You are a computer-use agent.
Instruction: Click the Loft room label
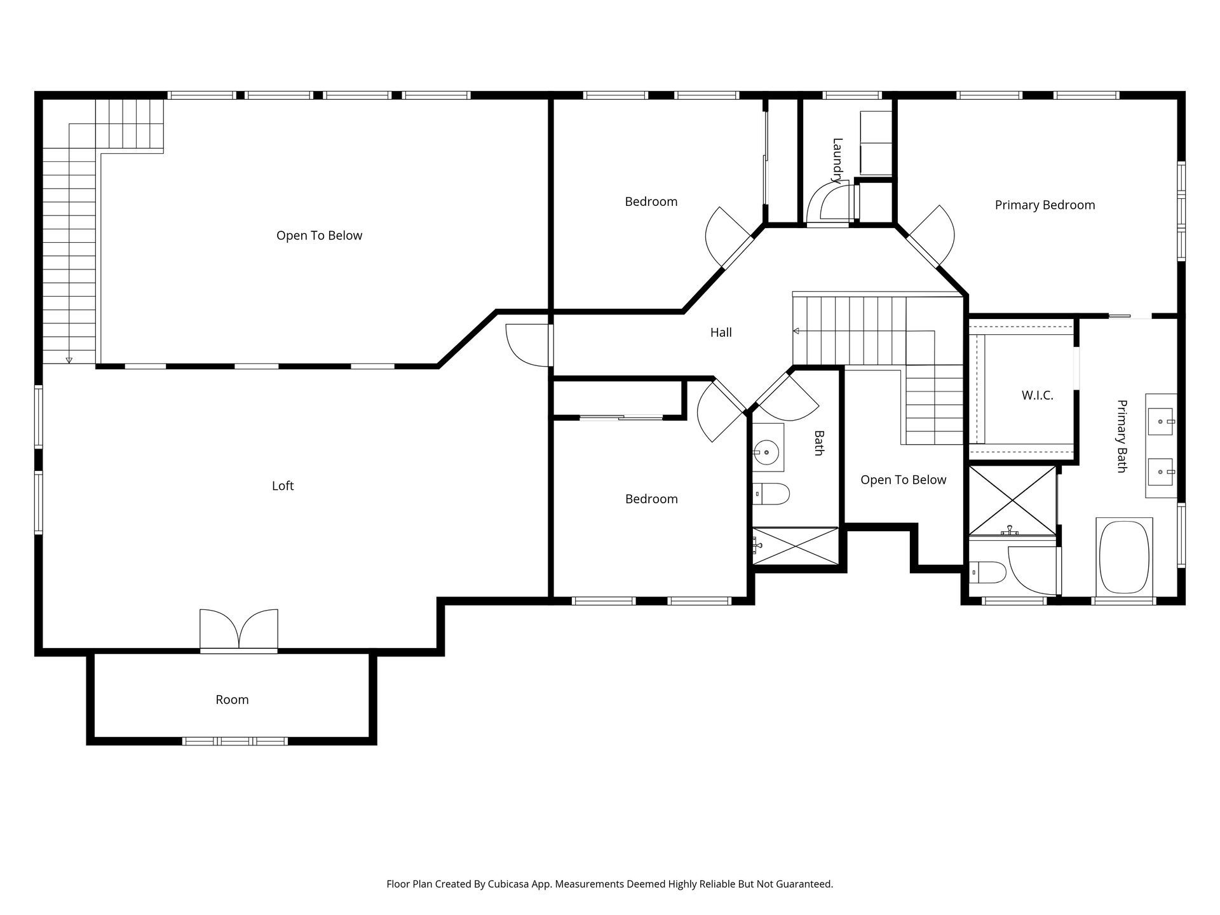tap(283, 486)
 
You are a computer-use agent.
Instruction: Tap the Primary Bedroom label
tap(1045, 205)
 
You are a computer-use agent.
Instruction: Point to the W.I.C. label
tap(1037, 395)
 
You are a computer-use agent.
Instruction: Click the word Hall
tap(721, 332)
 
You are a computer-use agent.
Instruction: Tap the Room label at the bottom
tap(232, 700)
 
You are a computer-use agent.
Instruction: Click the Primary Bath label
tap(1122, 436)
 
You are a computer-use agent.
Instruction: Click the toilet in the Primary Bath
tap(987, 572)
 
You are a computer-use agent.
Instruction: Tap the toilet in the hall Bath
tap(771, 493)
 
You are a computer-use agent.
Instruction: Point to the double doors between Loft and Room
tap(239, 629)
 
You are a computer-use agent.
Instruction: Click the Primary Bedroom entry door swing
tap(933, 235)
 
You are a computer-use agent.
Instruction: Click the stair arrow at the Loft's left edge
tap(69, 360)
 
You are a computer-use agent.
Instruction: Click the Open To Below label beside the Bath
tap(903, 480)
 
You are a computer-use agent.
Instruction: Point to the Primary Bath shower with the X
tap(1013, 500)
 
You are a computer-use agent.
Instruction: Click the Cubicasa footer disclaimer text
tap(609, 884)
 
